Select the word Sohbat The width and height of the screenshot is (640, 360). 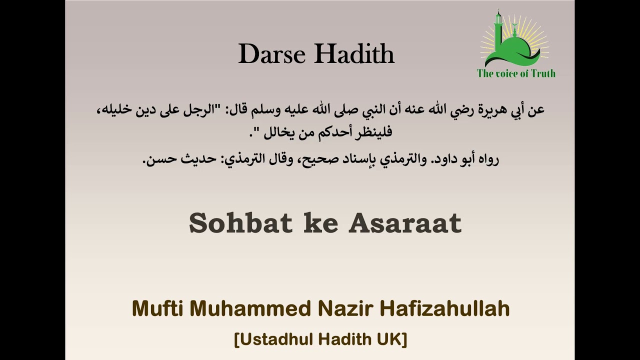pos(240,223)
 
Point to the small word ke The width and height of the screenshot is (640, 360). pos(320,223)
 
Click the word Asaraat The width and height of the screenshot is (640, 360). pos(405,223)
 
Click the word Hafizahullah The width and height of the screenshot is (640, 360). pos(445,309)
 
